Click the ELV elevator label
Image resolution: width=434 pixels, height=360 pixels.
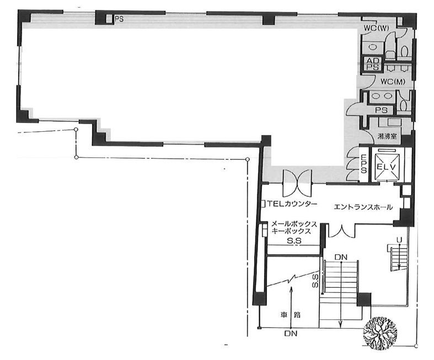pos(387,167)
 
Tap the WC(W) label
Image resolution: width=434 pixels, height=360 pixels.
pos(376,28)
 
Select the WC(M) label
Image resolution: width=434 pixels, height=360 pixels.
pos(393,82)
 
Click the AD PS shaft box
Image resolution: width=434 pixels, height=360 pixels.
pos(373,64)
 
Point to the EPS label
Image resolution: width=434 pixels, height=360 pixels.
pos(364,164)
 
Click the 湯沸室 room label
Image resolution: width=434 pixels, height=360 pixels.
pos(387,136)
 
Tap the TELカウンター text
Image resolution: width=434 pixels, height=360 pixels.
pos(292,204)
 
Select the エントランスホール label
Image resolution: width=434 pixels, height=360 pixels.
pos(363,207)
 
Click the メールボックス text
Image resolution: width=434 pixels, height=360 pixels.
pos(294,224)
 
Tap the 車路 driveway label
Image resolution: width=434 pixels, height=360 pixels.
pos(290,315)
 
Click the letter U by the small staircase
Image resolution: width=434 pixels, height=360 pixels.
pos(399,240)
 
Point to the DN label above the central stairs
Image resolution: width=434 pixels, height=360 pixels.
pos(341,257)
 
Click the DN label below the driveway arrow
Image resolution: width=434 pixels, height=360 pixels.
pos(291,334)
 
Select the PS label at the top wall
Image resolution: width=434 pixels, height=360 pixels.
pos(119,19)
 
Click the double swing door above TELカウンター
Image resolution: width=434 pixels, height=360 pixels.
pos(297,182)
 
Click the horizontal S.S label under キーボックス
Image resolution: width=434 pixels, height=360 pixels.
pos(294,241)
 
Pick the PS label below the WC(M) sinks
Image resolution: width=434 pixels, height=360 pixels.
pos(381,110)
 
